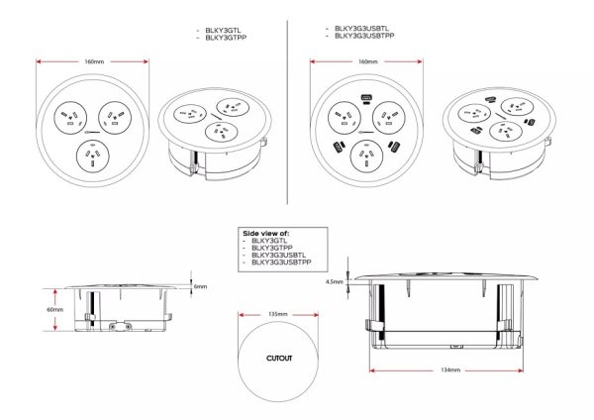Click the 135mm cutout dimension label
(278, 314)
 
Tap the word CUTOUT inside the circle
(279, 359)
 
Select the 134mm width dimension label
(450, 369)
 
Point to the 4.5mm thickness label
(335, 281)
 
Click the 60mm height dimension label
(54, 310)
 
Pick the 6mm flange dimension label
(200, 286)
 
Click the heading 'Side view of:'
(266, 233)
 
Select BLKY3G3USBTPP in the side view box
(281, 262)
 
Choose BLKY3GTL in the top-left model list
(223, 31)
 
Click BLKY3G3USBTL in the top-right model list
(361, 29)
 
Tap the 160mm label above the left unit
(94, 61)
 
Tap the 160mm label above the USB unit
(368, 61)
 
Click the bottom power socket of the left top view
(93, 157)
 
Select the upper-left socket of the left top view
(70, 118)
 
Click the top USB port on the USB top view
(366, 98)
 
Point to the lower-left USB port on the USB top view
(338, 147)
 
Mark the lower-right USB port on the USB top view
(395, 146)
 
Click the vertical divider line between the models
(287, 112)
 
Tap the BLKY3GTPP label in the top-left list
(226, 38)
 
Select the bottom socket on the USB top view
(366, 157)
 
